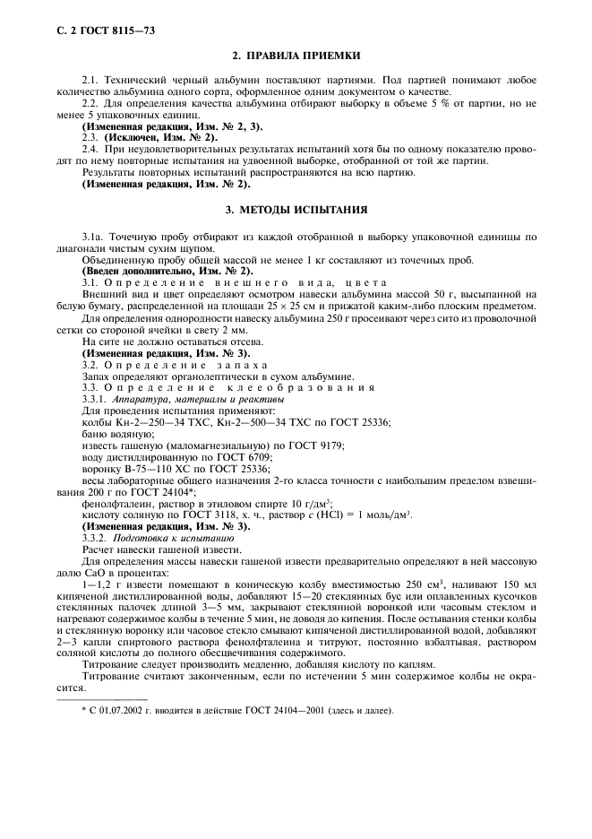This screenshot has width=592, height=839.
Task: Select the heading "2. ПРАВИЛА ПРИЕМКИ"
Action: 296,55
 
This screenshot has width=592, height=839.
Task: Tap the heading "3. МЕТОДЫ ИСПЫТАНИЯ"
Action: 296,210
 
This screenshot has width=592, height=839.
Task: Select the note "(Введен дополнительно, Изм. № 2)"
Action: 167,271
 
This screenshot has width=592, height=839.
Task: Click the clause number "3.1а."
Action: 96,237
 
